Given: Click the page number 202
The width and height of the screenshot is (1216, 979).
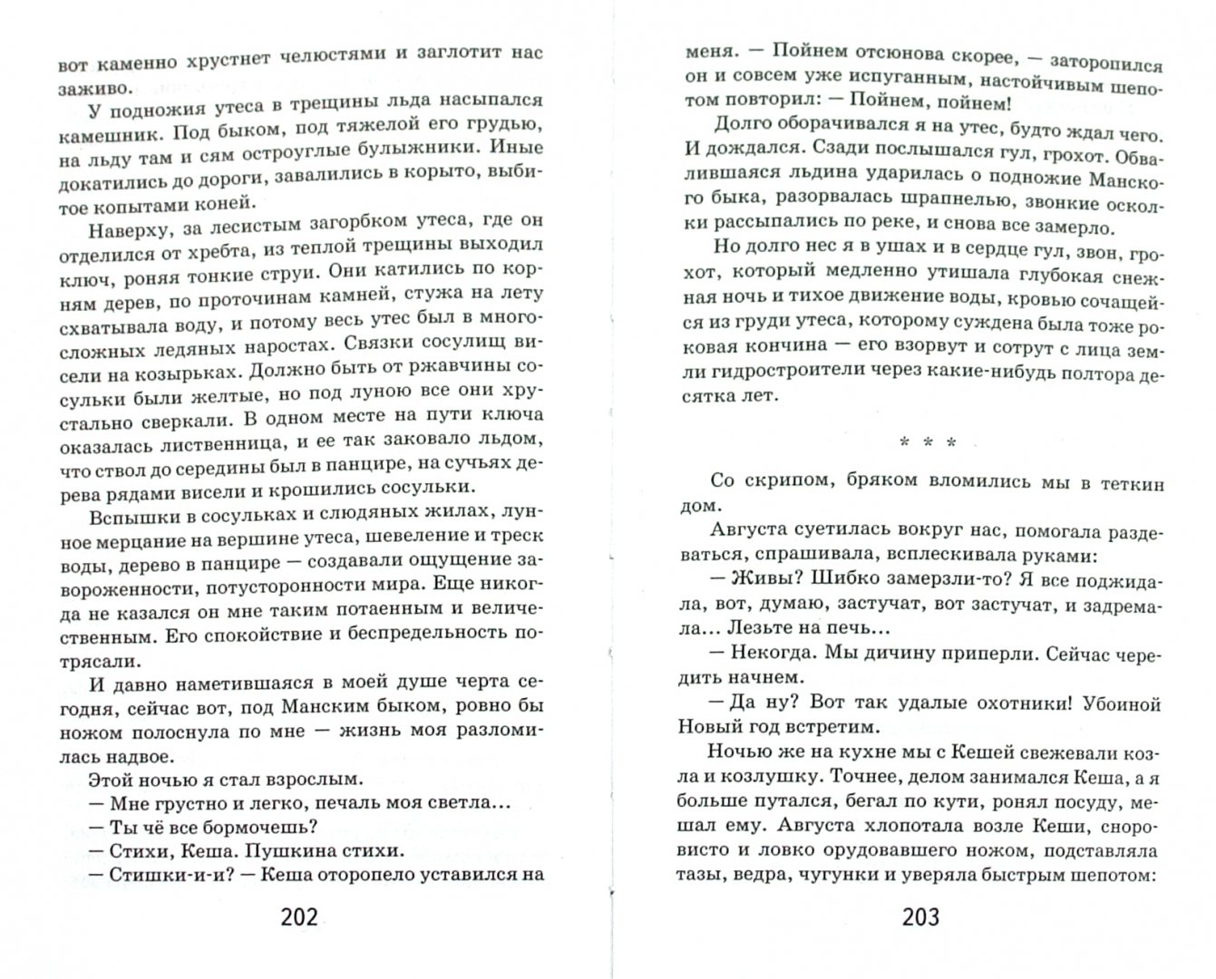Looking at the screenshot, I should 299,917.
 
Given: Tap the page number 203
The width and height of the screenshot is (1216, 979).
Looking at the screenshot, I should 921,917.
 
